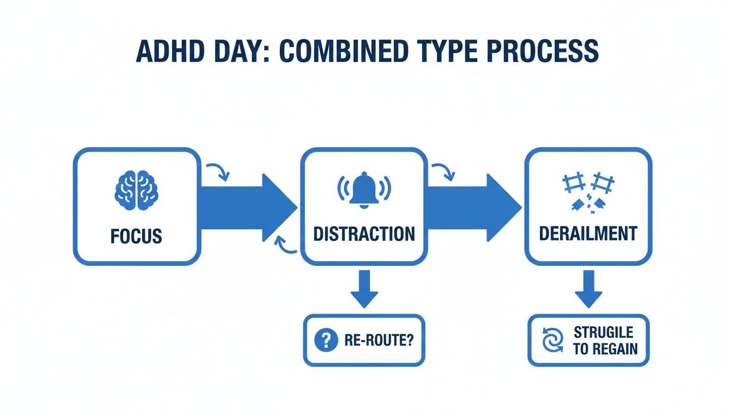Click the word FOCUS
pos(136,236)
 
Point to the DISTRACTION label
pos(364,234)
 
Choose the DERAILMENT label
pos(589,233)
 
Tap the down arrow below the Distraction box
pos(364,290)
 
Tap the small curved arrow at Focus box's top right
pos(218,170)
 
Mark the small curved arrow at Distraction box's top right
pos(443,170)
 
